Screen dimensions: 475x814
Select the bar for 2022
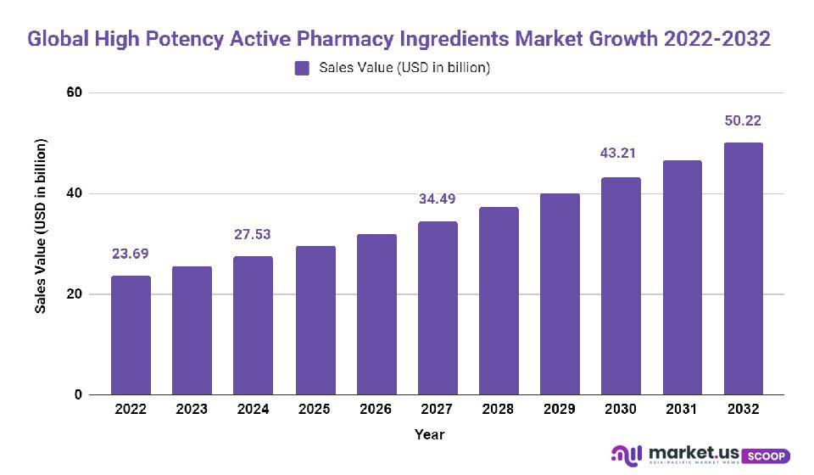click(131, 335)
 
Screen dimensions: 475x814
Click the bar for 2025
click(315, 321)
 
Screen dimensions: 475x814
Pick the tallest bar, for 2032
click(743, 269)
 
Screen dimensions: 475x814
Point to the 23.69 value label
click(131, 254)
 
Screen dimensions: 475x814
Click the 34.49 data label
click(438, 199)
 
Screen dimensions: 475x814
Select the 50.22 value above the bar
click(743, 120)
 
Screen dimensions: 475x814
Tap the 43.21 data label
click(620, 154)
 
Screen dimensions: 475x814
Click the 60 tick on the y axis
click(74, 92)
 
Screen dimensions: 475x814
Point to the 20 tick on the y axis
click(74, 294)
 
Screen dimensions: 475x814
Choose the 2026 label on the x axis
click(376, 409)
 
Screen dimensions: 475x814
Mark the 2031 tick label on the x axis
click(682, 409)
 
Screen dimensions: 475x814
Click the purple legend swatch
click(302, 69)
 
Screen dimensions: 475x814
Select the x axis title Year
click(429, 434)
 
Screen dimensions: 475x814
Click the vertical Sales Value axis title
click(40, 225)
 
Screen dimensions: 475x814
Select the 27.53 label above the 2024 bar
click(254, 234)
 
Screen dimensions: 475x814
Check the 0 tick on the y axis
click(78, 395)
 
